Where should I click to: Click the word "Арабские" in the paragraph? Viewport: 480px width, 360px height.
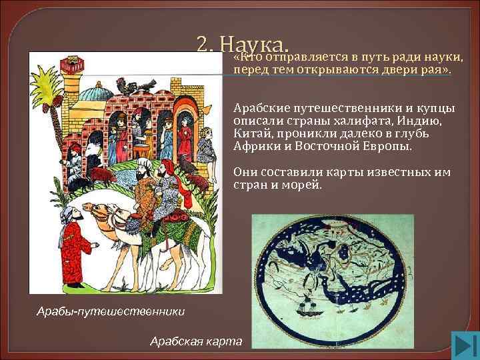pos(259,109)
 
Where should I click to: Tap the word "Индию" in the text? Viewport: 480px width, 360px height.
pos(417,121)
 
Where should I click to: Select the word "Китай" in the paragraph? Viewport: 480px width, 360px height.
pos(250,133)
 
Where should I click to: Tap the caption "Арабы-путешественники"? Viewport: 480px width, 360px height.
pos(111,311)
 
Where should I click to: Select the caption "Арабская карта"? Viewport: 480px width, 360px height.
pos(196,341)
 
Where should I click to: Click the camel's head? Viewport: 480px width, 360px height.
pos(100,212)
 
